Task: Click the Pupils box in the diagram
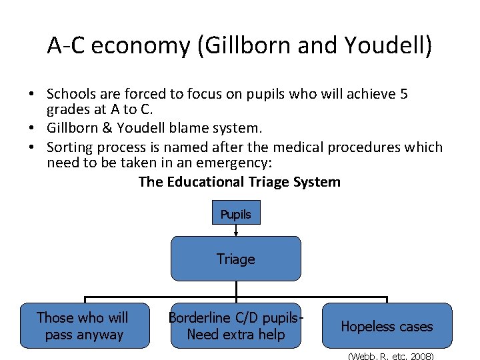pyautogui.click(x=236, y=214)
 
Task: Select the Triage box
pyautogui.click(x=236, y=259)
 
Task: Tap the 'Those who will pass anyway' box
pyautogui.click(x=83, y=325)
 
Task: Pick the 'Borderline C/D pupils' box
pyautogui.click(x=236, y=325)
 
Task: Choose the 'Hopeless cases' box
pyautogui.click(x=387, y=325)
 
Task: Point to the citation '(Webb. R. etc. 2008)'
pyautogui.click(x=391, y=356)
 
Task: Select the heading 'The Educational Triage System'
pyautogui.click(x=239, y=182)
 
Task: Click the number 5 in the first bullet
pyautogui.click(x=403, y=95)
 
